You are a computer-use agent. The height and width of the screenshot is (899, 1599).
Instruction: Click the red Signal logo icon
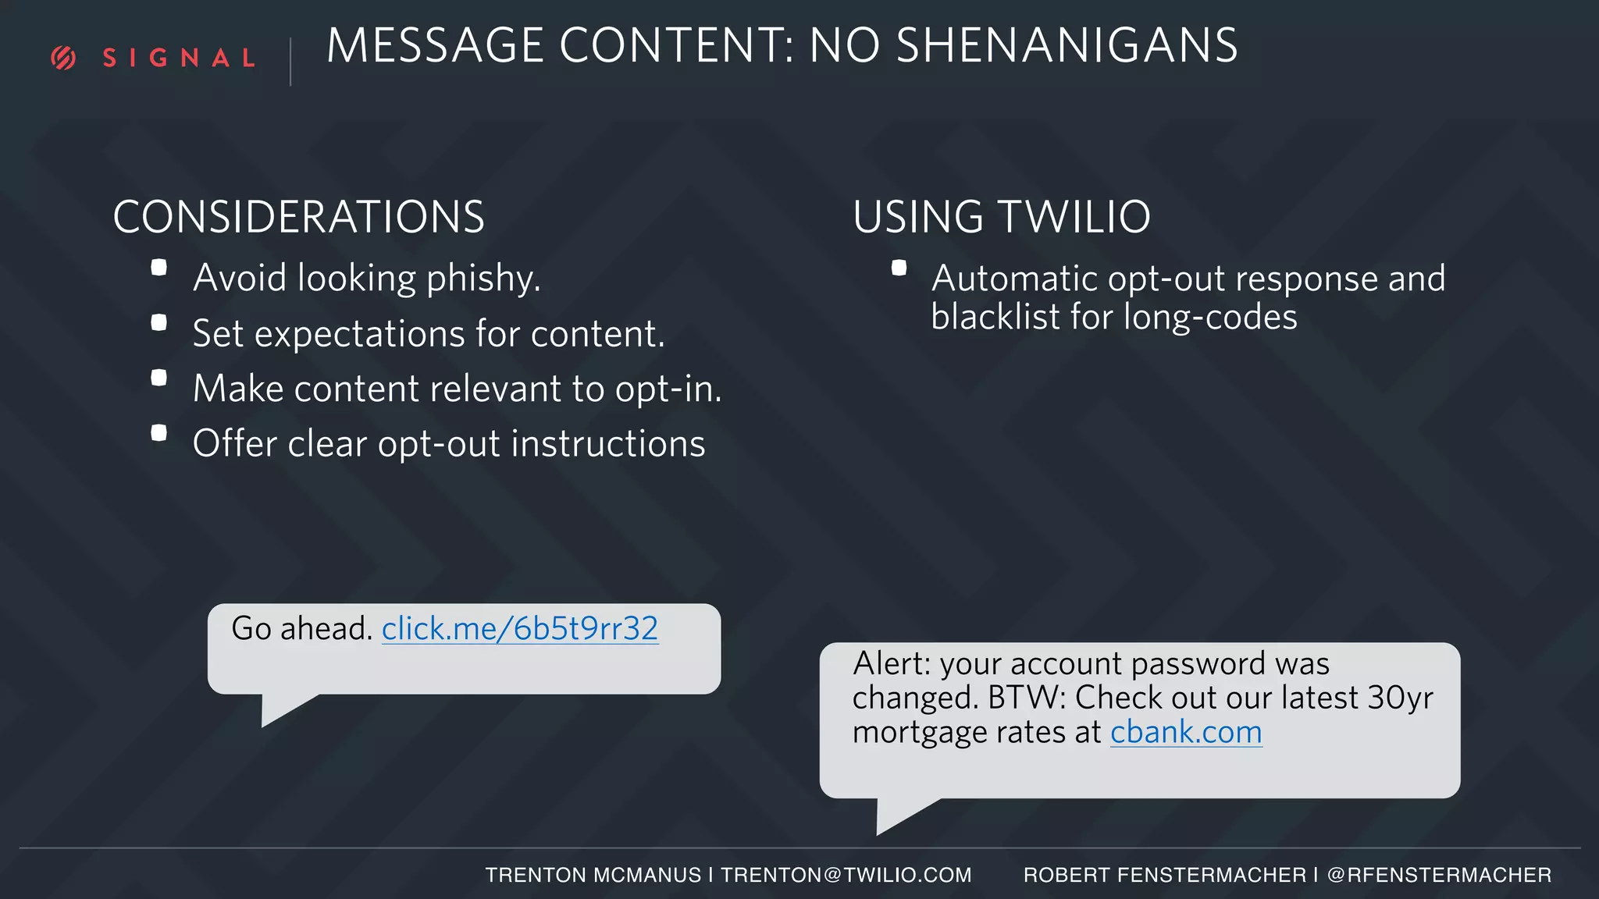tap(63, 58)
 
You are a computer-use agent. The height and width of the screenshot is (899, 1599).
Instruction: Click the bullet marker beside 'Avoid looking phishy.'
tap(159, 268)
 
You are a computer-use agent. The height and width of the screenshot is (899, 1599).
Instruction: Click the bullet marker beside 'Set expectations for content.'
tap(159, 322)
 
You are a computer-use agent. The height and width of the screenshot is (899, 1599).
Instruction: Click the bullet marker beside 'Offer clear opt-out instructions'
tap(159, 432)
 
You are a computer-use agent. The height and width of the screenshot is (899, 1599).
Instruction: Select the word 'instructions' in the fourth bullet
tap(608, 443)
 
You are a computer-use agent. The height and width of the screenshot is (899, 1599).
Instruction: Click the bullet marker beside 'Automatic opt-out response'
tap(899, 268)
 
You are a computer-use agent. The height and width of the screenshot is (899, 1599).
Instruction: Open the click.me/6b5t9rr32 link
tap(519, 628)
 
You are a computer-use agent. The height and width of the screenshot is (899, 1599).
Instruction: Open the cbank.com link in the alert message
tap(1185, 732)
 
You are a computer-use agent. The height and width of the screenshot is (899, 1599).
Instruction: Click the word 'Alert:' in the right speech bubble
tap(892, 663)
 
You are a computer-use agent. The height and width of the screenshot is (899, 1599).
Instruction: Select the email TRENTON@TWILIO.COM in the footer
tap(846, 875)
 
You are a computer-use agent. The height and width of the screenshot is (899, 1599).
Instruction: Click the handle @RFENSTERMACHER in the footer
tap(1439, 875)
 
